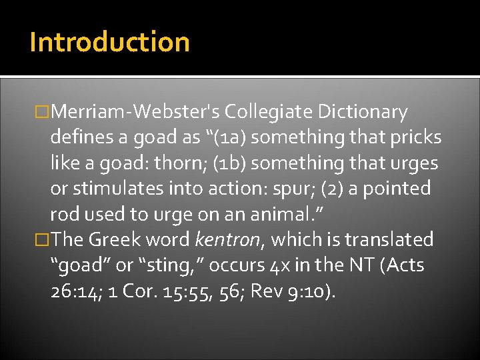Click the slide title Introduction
tap(109, 41)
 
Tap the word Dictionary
tap(363, 112)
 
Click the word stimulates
tap(117, 189)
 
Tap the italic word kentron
tap(223, 239)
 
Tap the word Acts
tap(404, 265)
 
